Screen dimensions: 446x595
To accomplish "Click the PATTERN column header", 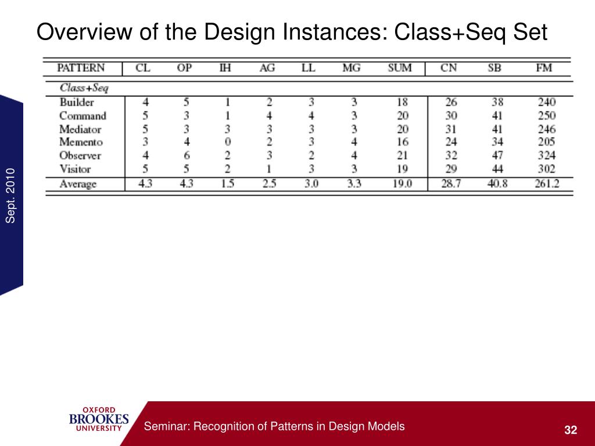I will coord(81,68).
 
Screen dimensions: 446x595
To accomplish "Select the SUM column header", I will coord(399,68).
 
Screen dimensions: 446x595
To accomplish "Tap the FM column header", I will coord(544,68).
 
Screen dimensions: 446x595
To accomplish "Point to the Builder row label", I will coord(77,102).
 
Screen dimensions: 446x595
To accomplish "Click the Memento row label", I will coord(81,142).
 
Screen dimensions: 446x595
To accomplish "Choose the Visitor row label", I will coord(76,169).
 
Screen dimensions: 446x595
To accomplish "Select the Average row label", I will coord(78,184).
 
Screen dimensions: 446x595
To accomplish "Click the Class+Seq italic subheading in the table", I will coord(84,88).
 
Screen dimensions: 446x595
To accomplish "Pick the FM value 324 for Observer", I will coord(546,156).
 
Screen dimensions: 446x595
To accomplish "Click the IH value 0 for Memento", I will coord(228,142).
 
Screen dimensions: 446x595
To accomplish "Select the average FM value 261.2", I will coord(546,184).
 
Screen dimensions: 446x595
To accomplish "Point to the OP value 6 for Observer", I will coord(186,156).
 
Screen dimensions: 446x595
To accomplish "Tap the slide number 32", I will coord(571,430).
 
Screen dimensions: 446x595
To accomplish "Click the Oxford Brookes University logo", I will coord(99,419).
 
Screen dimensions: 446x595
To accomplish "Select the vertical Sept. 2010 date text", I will coord(10,194).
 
